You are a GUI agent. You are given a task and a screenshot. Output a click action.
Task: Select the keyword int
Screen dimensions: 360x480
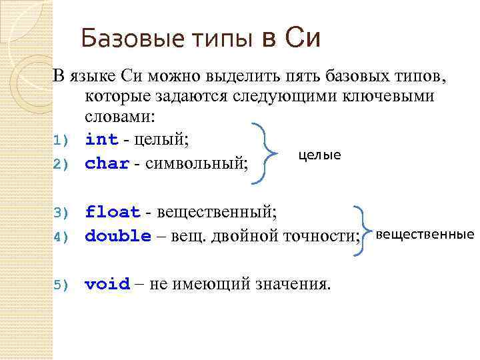101,139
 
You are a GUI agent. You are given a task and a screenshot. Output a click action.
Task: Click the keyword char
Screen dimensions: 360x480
107,163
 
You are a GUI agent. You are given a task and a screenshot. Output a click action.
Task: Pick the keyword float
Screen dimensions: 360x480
113,212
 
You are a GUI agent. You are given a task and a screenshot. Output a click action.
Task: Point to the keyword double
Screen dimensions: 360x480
118,235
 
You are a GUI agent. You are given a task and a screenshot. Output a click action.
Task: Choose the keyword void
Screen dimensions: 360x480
107,284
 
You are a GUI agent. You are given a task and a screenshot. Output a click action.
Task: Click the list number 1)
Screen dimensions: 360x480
61,141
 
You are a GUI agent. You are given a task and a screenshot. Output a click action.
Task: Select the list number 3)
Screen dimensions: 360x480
61,213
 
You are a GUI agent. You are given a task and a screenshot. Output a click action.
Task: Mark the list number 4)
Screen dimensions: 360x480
61,237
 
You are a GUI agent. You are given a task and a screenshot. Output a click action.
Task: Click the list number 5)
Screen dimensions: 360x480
61,285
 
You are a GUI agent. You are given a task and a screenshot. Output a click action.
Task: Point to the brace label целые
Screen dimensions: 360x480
319,155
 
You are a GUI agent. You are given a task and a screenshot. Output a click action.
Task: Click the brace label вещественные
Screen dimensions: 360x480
425,234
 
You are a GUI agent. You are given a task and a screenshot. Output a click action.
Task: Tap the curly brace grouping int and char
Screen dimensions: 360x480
270,152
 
